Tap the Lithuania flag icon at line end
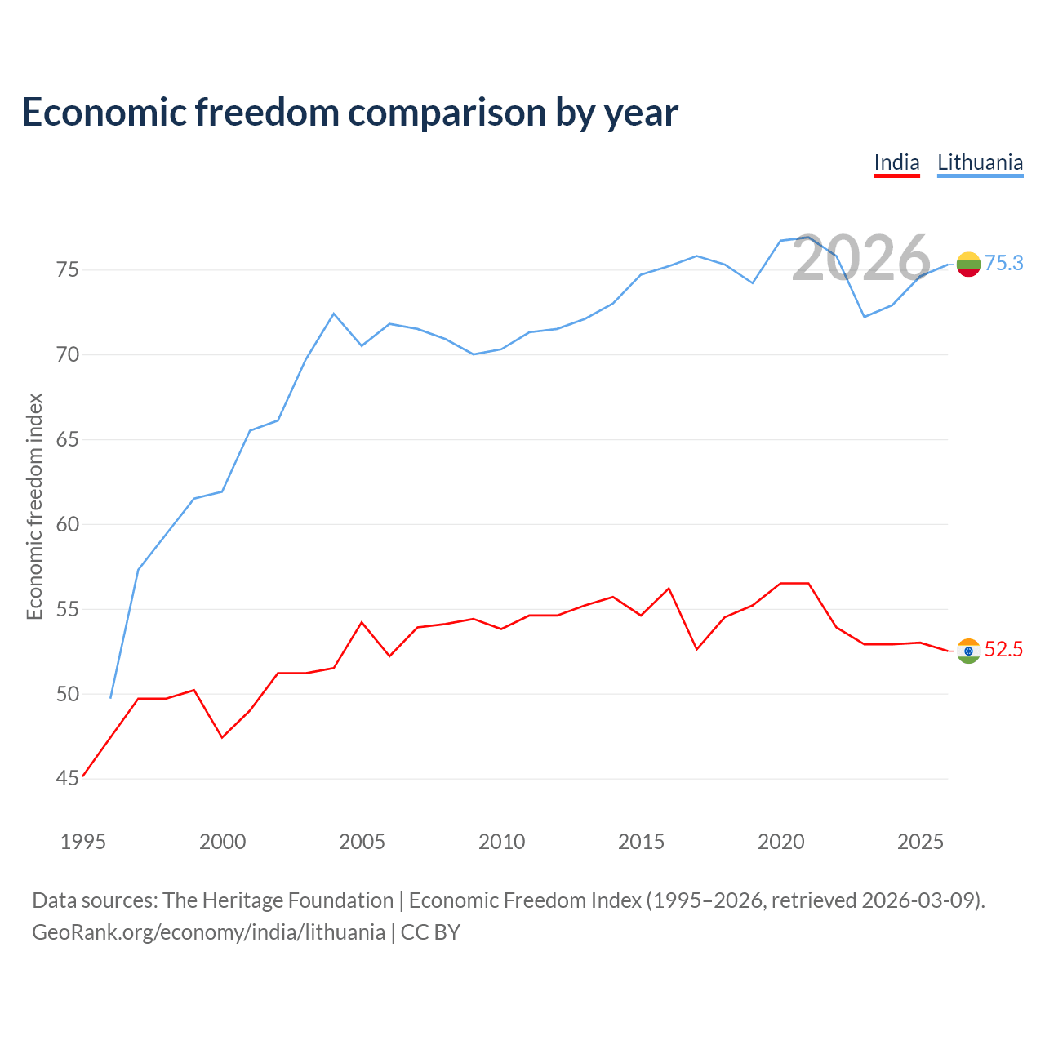point(968,264)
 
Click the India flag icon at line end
point(968,651)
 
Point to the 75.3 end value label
point(1003,263)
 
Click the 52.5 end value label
point(1003,649)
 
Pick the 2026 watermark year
point(861,258)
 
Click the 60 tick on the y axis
point(67,524)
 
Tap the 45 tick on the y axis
point(67,778)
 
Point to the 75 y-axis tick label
point(67,269)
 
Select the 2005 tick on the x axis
point(362,842)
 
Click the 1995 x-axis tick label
point(83,842)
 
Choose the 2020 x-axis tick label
point(781,842)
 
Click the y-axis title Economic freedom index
point(35,506)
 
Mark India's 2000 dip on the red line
point(222,737)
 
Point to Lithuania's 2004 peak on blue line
point(334,313)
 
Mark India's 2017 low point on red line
point(697,649)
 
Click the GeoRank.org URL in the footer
point(209,932)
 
